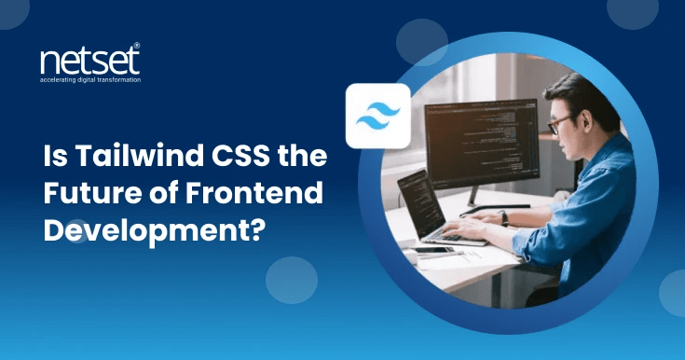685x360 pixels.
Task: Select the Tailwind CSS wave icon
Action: [378, 117]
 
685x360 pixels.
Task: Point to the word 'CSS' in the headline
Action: [229, 159]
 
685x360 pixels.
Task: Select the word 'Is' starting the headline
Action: [54, 159]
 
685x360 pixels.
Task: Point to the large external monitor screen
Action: [481, 144]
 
